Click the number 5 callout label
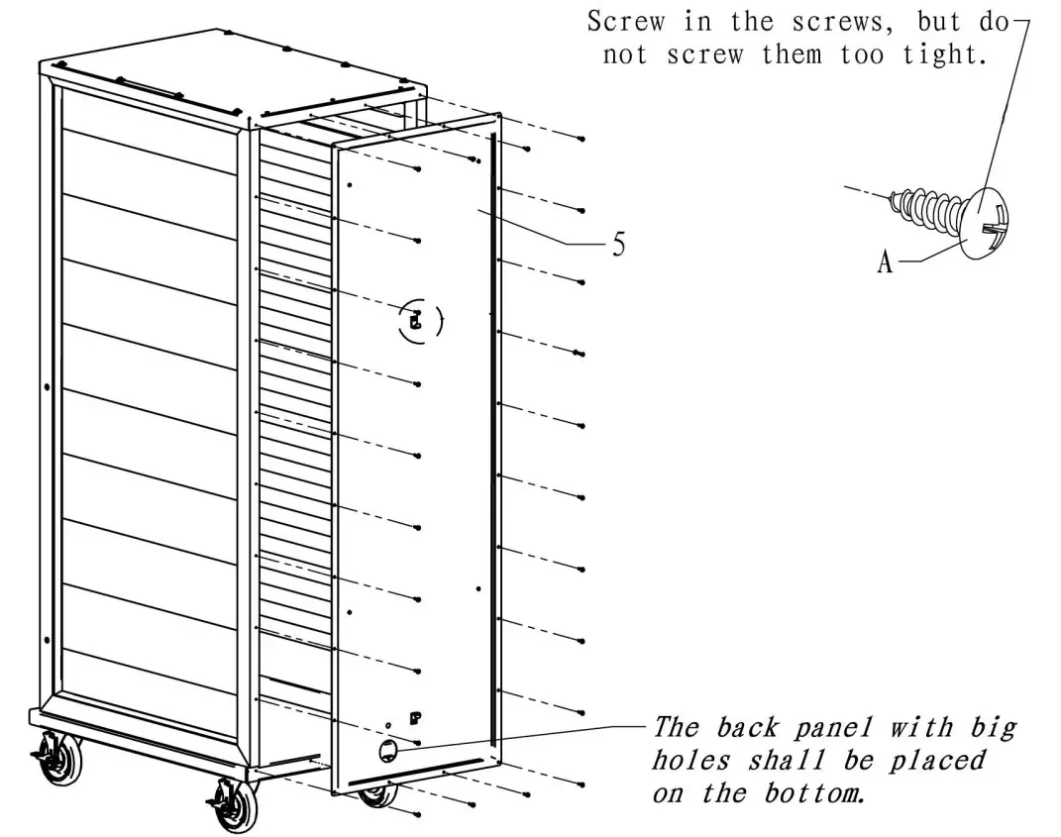(x=618, y=245)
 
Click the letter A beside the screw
(x=885, y=262)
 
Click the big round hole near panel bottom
(x=388, y=751)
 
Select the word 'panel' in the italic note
(x=820, y=729)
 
